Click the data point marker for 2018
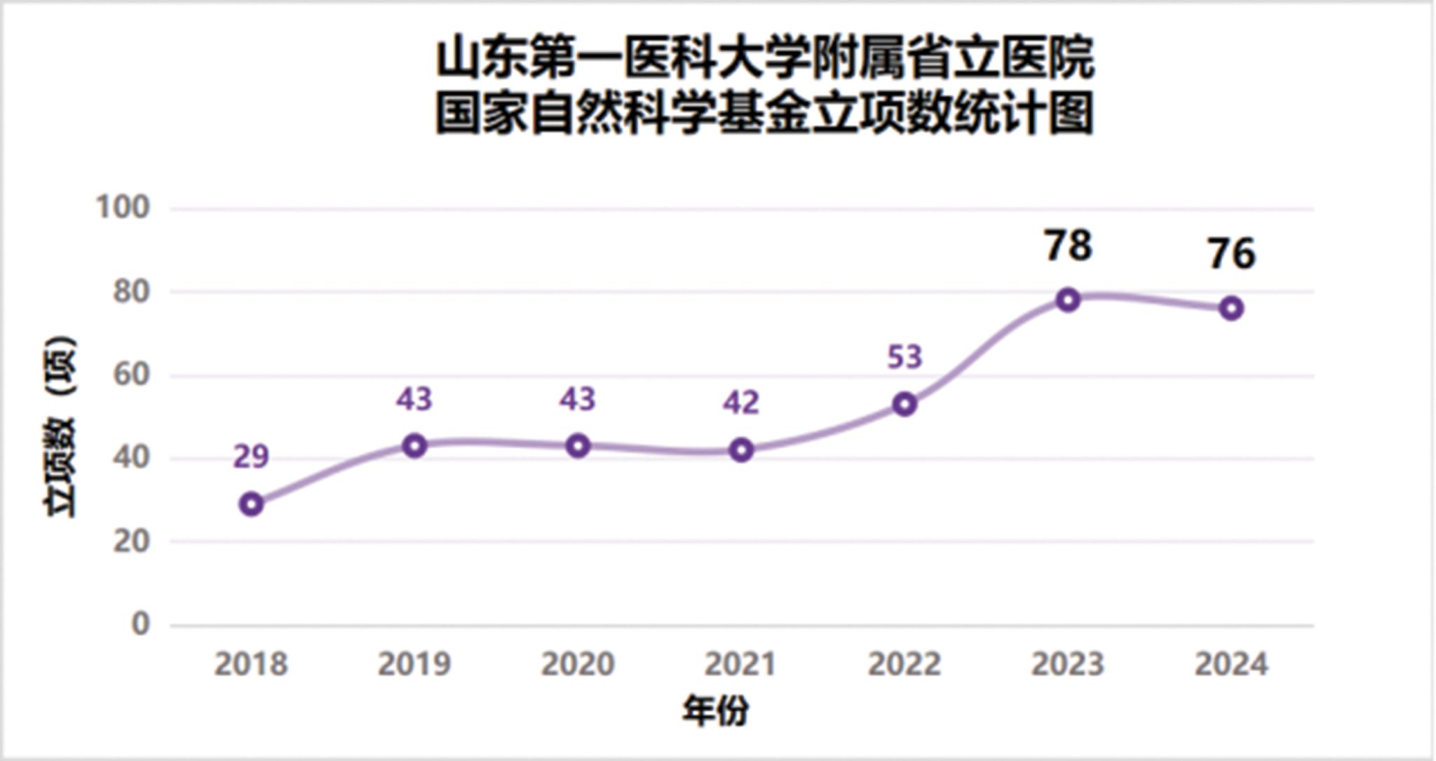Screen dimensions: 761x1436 [x=251, y=504]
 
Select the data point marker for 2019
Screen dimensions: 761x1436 [x=415, y=445]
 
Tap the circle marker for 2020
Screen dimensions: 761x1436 [x=578, y=445]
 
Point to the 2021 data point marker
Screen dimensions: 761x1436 [x=741, y=450]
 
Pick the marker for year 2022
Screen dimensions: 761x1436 [x=905, y=404]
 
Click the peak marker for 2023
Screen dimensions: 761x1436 [x=1068, y=300]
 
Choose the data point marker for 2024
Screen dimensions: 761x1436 [x=1231, y=308]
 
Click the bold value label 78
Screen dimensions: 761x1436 [x=1068, y=245]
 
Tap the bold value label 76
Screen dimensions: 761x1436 [x=1231, y=254]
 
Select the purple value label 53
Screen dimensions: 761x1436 [x=905, y=357]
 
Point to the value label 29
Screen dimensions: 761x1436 [x=251, y=457]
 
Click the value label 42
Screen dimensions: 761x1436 [x=741, y=403]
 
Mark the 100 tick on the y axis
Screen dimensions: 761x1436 [x=123, y=208]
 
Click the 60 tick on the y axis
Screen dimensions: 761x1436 [x=131, y=375]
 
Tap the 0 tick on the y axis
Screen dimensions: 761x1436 [x=140, y=624]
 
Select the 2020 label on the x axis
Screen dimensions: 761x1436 [x=578, y=664]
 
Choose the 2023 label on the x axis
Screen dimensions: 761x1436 [x=1068, y=664]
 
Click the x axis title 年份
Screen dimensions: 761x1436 [x=716, y=711]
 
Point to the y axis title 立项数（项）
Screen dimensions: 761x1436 [x=60, y=428]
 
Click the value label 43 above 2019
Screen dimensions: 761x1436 [x=414, y=399]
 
